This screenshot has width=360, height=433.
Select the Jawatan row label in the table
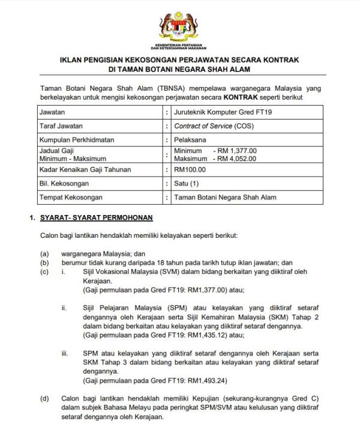tap(52, 112)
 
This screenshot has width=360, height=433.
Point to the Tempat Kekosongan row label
tap(70, 197)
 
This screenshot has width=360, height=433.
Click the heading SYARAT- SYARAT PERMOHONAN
tap(96, 217)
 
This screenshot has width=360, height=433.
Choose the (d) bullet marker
tap(44, 399)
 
